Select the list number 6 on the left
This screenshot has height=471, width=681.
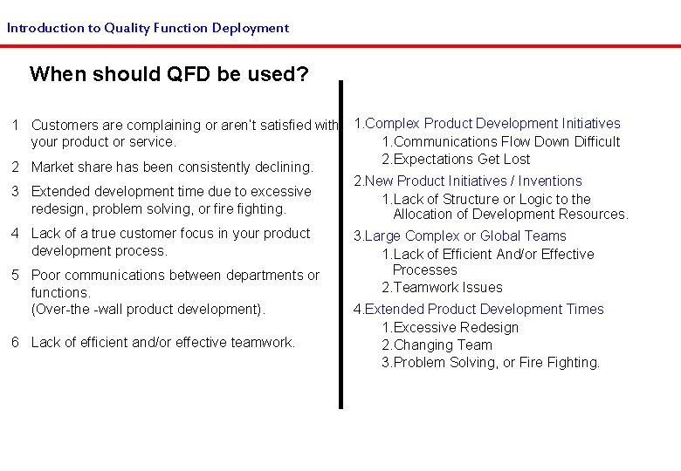(16, 342)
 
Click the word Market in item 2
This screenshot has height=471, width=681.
(52, 167)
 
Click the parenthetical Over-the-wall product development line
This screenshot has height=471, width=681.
(148, 309)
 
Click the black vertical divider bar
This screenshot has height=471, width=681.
(340, 244)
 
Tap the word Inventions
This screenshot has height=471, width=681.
(550, 181)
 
